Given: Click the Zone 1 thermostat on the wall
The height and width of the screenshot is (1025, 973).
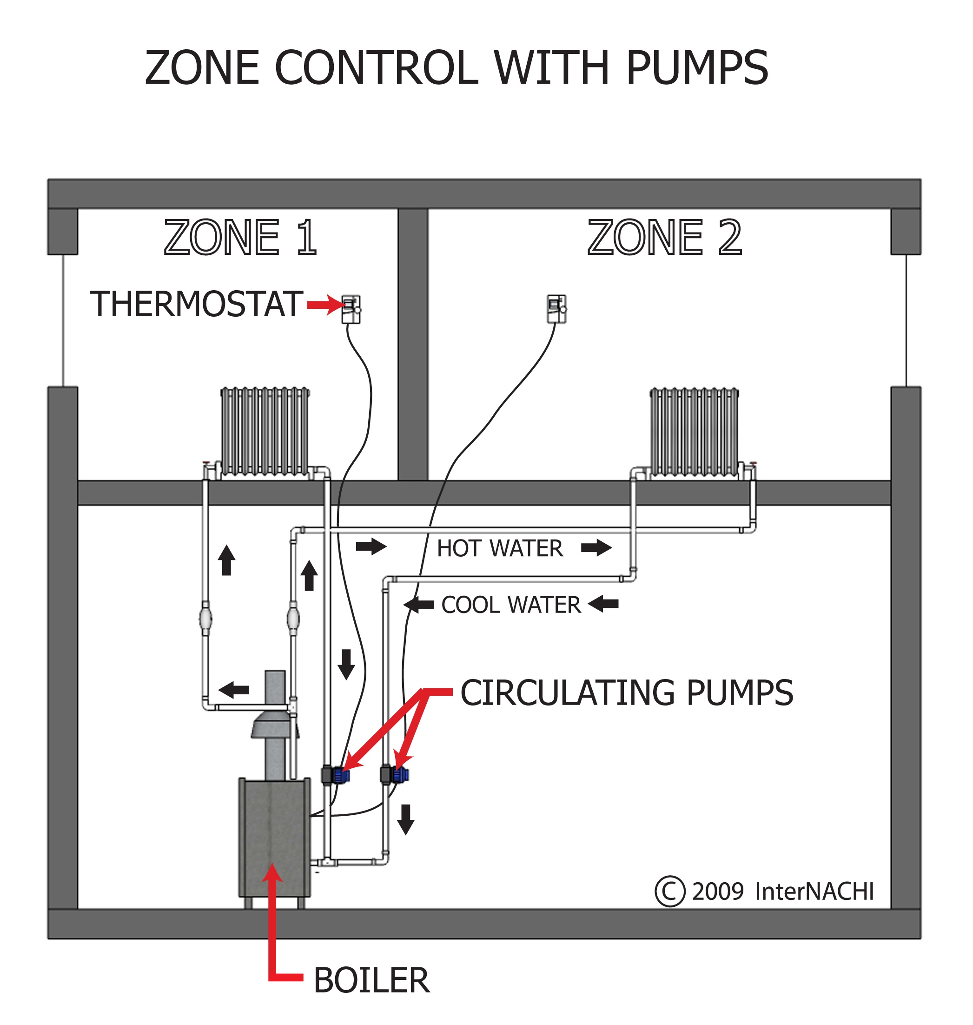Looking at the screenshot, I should point(351,309).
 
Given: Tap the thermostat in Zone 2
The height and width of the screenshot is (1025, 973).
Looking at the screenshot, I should point(556,309).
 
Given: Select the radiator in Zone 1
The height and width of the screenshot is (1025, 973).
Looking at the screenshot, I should point(265,432).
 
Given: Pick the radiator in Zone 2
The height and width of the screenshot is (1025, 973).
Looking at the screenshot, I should point(695,432).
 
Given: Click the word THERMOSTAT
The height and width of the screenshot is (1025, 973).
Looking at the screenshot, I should point(196,305).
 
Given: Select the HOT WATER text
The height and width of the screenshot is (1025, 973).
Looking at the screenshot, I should point(499,548).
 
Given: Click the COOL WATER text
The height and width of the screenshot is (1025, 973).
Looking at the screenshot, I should point(511,605).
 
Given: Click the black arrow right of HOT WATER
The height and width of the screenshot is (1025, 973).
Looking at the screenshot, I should point(596,547).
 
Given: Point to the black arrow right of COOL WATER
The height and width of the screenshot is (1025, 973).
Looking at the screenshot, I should point(604,603).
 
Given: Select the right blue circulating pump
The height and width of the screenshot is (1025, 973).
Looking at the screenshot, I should point(400,775).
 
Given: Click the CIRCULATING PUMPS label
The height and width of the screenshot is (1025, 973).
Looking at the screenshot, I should point(627,693).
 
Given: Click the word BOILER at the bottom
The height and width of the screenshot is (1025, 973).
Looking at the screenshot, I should point(371,980).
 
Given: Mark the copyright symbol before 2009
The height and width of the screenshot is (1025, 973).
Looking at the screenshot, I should point(669,891).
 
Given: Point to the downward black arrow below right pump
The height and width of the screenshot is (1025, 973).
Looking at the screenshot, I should point(405,819).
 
